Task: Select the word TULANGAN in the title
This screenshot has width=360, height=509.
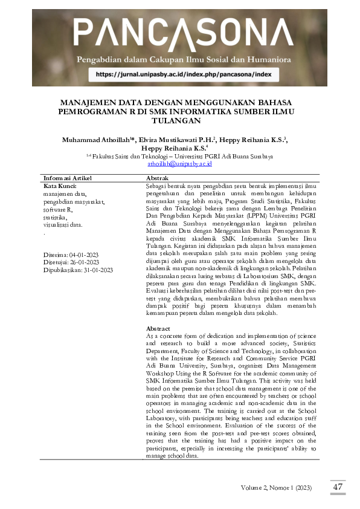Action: coord(180,120)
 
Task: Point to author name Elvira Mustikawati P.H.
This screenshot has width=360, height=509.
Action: coord(176,140)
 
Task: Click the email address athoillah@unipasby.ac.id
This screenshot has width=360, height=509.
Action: coord(179,163)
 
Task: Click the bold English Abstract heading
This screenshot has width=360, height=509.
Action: coord(158,328)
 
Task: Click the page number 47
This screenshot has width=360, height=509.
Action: coord(338,486)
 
